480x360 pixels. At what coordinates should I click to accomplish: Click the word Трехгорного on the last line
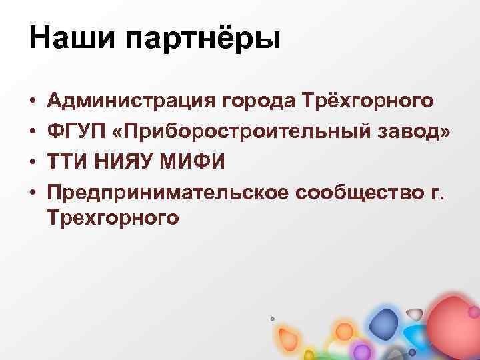[x=113, y=218]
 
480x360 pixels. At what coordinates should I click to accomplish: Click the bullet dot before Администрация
[x=33, y=103]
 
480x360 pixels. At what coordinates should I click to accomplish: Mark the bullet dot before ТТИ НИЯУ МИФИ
[x=33, y=163]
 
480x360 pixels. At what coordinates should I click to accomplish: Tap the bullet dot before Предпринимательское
[x=33, y=193]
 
